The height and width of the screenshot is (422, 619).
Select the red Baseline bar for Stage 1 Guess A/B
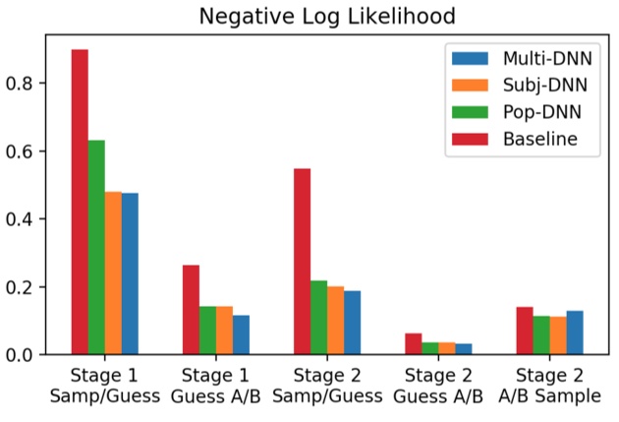point(191,309)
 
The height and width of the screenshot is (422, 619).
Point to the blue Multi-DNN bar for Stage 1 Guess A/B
point(241,334)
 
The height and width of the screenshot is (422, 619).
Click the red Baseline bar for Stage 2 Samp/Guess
point(302,261)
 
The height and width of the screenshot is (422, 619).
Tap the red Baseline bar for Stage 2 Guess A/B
point(413,343)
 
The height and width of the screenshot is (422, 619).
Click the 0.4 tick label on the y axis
point(29,219)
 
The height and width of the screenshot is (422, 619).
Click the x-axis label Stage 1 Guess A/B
point(216,387)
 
